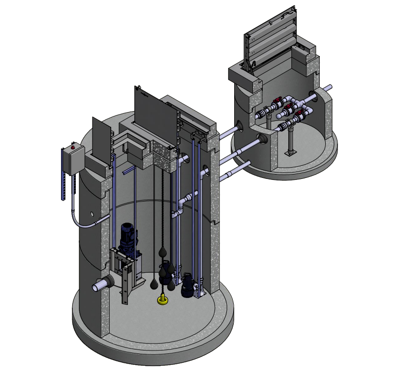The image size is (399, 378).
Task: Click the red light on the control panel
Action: [x=73, y=146]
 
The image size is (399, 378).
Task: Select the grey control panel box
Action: [x=71, y=160]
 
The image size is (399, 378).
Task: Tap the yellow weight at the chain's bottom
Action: [x=162, y=298]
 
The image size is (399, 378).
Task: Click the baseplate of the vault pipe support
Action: [x=290, y=154]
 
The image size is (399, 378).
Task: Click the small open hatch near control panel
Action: [x=102, y=138]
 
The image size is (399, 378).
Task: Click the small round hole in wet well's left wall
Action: [x=93, y=214]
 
